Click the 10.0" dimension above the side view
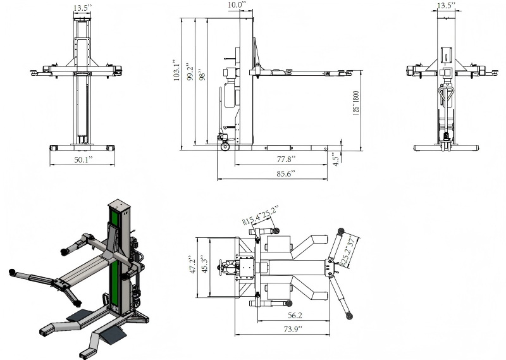237,5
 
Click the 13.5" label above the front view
81,8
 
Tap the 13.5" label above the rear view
447,6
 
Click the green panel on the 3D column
114,253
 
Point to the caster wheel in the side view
225,147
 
